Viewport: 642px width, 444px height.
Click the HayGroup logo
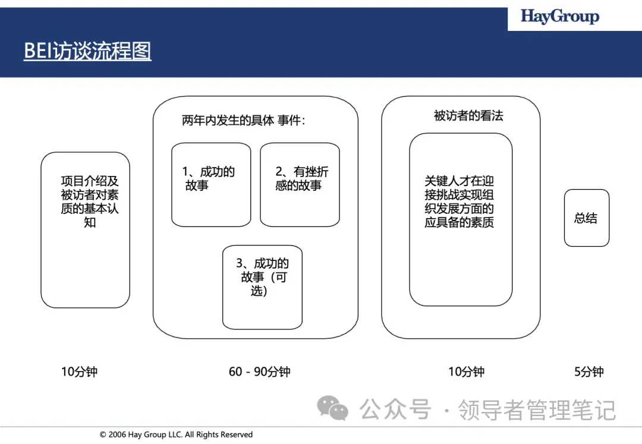559,16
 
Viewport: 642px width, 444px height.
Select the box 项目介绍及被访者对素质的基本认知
85,229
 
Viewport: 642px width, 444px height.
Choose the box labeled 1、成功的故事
211,184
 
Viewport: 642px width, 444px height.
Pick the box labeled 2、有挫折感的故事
300,184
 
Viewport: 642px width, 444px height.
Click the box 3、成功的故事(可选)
262,287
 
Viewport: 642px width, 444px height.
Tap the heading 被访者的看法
468,116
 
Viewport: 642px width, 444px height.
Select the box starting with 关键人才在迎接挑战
460,219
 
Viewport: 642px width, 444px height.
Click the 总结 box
586,218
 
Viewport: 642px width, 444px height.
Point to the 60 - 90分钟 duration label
259,372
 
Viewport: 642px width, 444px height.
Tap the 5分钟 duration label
588,372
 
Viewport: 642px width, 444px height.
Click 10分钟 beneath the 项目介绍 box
79,372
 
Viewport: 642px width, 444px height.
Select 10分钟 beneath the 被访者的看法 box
466,372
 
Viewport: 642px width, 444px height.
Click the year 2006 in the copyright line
118,435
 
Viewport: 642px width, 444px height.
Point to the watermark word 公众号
395,410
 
